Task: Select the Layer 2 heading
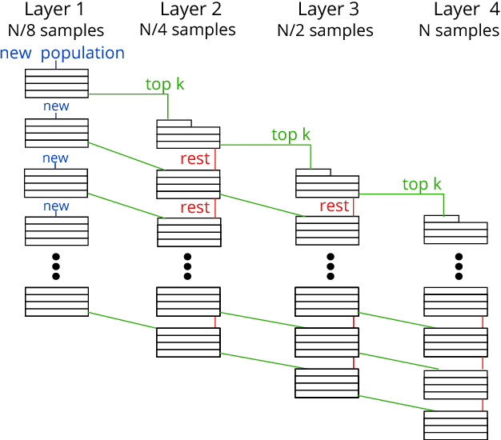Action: pos(190,10)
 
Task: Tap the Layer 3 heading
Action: pos(328,10)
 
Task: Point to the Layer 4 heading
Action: pos(466,10)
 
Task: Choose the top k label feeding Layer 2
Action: pos(165,84)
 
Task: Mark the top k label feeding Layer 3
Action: pos(291,135)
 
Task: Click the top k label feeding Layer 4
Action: pos(422,185)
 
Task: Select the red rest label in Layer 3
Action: pos(334,206)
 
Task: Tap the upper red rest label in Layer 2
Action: pos(194,158)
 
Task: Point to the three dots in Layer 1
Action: pos(56,266)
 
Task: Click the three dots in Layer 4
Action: pos(459,266)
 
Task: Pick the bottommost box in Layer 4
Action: pos(455,424)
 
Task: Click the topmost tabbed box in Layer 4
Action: pos(455,230)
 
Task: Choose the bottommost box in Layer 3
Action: pos(327,383)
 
